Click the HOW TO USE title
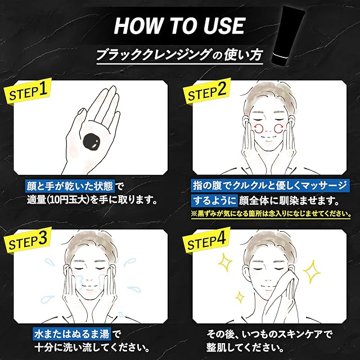click(x=179, y=26)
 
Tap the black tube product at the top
click(x=289, y=38)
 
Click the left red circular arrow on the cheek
click(x=259, y=129)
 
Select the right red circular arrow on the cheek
click(x=278, y=129)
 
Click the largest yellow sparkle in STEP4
click(x=312, y=272)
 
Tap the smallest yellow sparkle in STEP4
click(x=240, y=298)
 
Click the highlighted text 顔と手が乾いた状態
click(x=69, y=186)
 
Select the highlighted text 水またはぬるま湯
click(x=72, y=334)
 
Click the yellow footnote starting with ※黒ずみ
click(x=271, y=214)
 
